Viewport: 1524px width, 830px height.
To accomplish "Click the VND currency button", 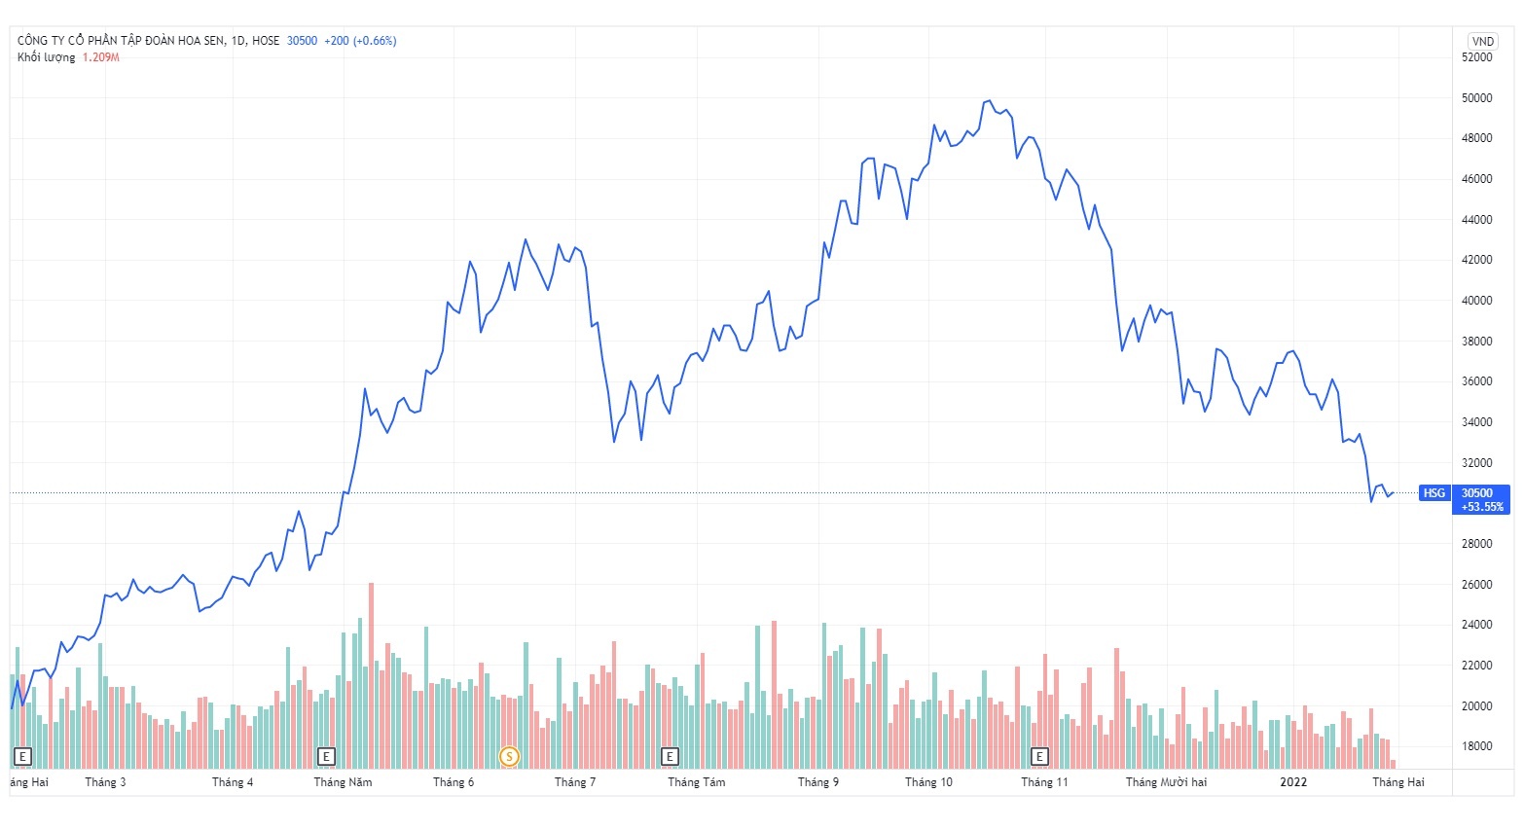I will pos(1482,41).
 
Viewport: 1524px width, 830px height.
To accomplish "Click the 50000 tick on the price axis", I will pos(1476,98).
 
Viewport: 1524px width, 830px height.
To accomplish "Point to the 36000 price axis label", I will pos(1476,381).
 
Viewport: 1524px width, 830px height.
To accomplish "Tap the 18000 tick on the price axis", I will pos(1476,746).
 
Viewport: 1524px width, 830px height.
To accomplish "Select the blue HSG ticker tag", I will pos(1434,493).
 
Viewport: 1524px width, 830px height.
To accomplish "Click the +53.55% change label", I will pos(1482,507).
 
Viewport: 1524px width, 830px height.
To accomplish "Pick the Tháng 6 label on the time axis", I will pos(454,782).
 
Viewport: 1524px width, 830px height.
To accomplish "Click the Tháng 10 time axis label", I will pos(928,782).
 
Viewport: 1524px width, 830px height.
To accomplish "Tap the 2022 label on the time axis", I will pos(1293,782).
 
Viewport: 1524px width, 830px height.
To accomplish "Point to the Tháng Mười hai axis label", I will pos(1166,782).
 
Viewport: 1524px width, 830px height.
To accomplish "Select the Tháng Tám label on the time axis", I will pos(696,782).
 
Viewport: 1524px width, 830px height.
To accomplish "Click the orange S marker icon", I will pos(508,756).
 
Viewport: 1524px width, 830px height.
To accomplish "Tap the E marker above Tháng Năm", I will pos(326,756).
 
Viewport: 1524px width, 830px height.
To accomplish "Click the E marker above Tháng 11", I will pos(1039,756).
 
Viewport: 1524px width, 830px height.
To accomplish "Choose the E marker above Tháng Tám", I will pos(669,756).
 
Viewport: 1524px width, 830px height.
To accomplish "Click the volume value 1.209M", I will pos(100,57).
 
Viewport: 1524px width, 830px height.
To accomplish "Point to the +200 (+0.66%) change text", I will pos(360,41).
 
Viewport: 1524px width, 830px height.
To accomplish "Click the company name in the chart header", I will pos(121,41).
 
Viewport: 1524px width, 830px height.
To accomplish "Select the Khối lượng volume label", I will pos(46,57).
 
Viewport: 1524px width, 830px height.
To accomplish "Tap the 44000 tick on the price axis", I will pos(1476,220).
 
